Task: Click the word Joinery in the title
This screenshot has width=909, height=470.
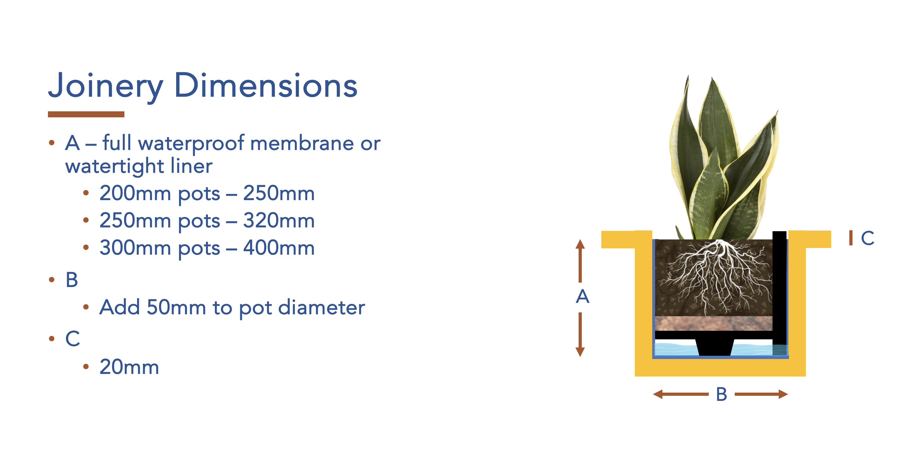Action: (105, 86)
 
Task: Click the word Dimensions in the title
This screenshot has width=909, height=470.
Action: (266, 86)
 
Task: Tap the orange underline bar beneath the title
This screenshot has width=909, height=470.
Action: (86, 114)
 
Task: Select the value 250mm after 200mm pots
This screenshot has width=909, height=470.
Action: (279, 193)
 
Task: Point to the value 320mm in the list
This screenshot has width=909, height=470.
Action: (279, 221)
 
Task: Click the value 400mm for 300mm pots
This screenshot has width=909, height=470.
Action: (279, 248)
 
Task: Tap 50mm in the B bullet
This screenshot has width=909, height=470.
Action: (176, 307)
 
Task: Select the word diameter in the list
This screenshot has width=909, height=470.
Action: (322, 307)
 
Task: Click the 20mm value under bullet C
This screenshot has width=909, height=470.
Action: (129, 367)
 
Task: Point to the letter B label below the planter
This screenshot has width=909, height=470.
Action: (721, 394)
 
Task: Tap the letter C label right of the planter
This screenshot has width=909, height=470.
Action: (867, 238)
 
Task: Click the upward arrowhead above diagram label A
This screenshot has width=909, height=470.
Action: (580, 244)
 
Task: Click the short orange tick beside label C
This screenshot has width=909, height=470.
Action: (851, 238)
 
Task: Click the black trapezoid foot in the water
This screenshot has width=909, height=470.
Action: (714, 347)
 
